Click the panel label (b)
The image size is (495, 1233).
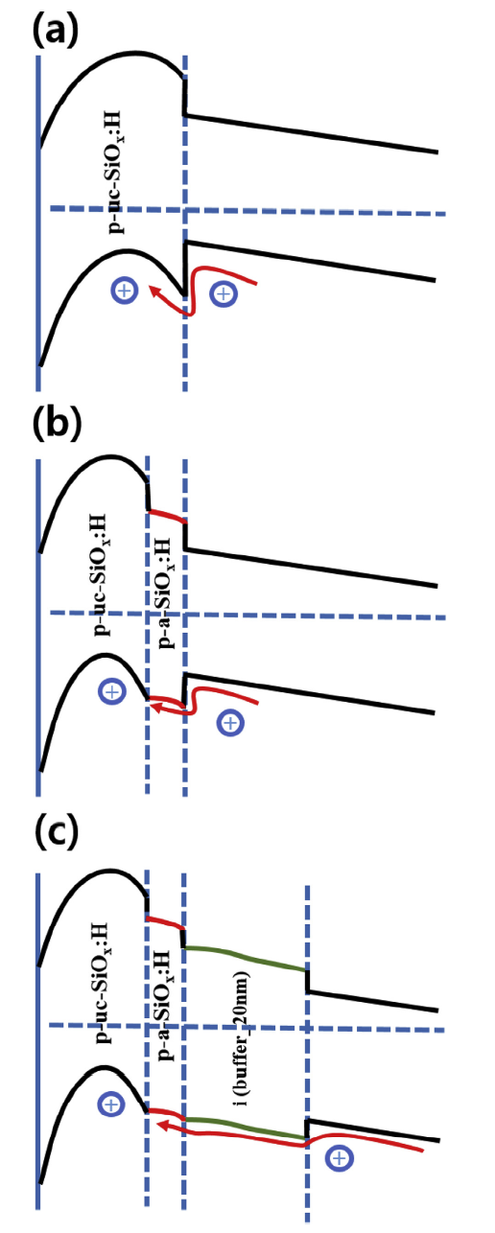click(57, 425)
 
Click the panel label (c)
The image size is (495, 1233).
click(57, 833)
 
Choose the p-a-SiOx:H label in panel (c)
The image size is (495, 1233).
click(166, 1004)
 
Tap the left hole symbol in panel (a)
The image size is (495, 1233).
click(125, 291)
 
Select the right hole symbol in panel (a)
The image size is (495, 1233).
click(223, 293)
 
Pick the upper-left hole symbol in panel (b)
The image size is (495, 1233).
click(112, 691)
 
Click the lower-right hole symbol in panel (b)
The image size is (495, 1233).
click(230, 722)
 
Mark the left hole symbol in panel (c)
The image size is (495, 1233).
click(111, 1104)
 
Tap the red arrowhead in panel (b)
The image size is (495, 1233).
click(157, 707)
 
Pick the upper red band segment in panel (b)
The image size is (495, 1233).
click(167, 516)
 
